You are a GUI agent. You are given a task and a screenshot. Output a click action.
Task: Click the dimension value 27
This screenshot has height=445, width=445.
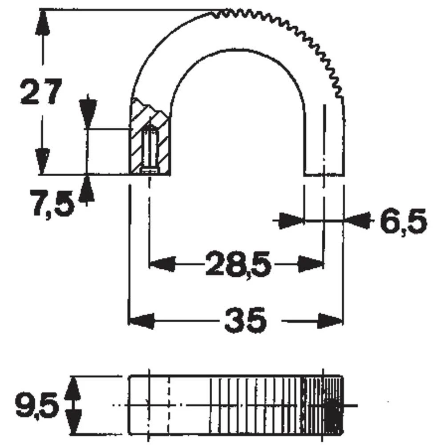(x=40, y=92)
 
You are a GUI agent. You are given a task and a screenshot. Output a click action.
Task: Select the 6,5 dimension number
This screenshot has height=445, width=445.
(x=403, y=221)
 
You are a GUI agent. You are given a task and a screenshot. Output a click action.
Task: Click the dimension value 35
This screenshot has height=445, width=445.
(x=245, y=320)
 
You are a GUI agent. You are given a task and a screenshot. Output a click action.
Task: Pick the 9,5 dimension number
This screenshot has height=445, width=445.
(x=37, y=405)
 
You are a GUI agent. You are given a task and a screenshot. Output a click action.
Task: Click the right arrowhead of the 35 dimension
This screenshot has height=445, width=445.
(x=331, y=320)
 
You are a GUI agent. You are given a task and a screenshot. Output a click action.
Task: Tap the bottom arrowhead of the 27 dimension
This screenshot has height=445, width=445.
(x=43, y=162)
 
